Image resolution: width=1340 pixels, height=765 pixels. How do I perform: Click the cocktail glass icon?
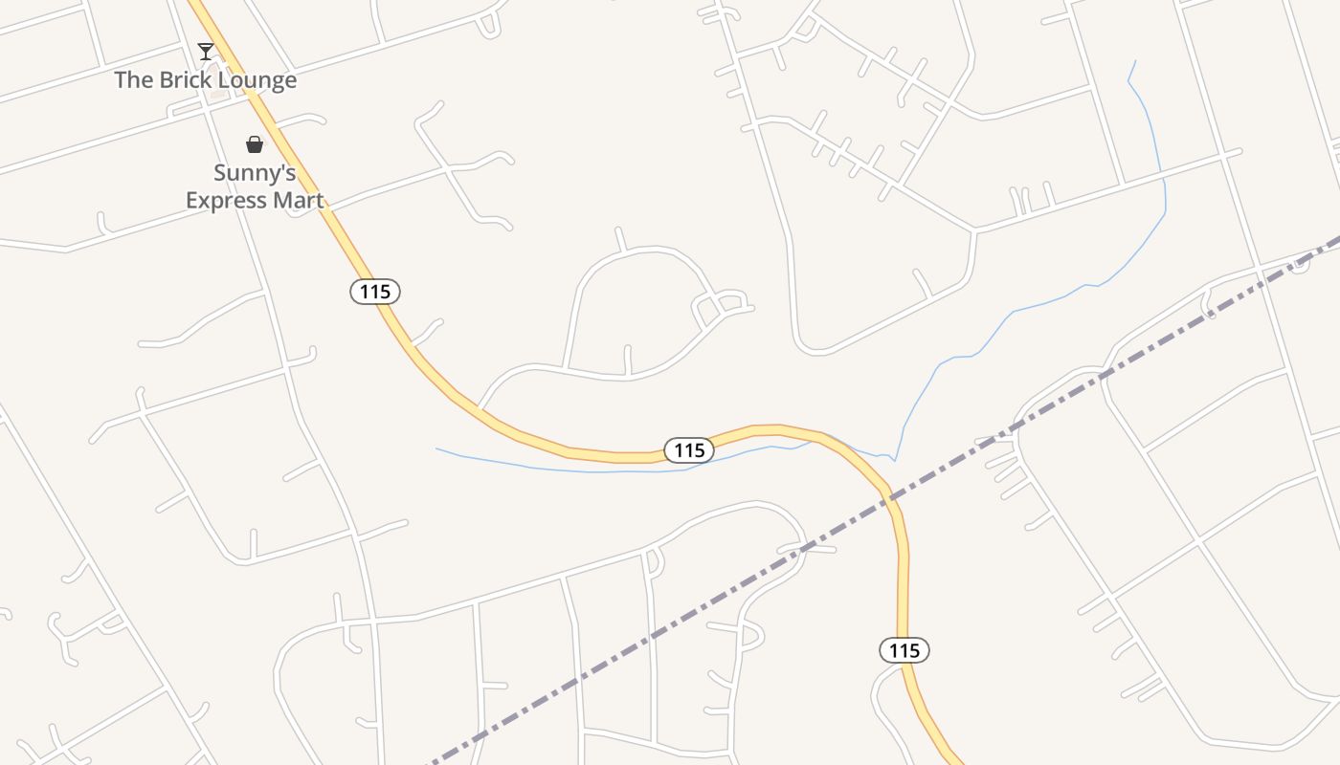(x=206, y=52)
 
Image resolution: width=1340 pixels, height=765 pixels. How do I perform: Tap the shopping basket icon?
(x=255, y=144)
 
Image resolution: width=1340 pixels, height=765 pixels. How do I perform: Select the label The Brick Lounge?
(x=206, y=80)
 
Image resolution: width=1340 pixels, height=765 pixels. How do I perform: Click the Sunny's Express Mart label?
(x=255, y=186)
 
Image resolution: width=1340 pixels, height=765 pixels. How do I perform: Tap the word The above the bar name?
(x=134, y=80)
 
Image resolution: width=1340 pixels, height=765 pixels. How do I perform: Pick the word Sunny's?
(x=255, y=173)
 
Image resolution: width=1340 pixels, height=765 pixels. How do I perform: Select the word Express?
(x=230, y=201)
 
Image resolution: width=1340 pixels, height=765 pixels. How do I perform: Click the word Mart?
(x=301, y=201)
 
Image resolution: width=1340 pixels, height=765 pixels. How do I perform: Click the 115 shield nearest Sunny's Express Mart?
(x=375, y=292)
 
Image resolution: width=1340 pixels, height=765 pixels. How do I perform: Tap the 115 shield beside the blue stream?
(x=689, y=450)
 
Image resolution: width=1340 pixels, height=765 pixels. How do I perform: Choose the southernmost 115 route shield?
(x=904, y=651)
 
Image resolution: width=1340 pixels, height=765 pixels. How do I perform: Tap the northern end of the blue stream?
(x=1135, y=62)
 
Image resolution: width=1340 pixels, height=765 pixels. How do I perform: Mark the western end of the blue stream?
(x=437, y=448)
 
